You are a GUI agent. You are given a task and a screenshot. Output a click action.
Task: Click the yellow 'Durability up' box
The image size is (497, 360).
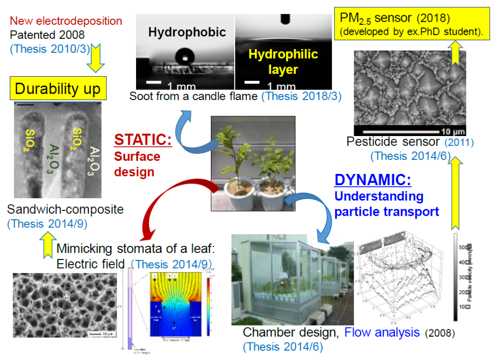coord(57,89)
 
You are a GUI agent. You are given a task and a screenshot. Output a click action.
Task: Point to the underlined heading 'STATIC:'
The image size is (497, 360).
coord(143,140)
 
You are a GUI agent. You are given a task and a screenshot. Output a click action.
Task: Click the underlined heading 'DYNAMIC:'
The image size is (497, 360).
coord(372,180)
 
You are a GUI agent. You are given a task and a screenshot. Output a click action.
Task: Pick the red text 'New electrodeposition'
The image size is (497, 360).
coord(66,21)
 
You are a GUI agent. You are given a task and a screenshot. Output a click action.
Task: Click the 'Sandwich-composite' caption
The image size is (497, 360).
coord(66,210)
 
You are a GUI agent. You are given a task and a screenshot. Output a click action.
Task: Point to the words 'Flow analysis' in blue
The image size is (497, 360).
coord(382,333)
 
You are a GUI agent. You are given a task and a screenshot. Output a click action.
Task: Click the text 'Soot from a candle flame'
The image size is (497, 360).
coord(194,97)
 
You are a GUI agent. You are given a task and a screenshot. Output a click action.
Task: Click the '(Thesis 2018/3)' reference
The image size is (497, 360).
coord(301,97)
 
